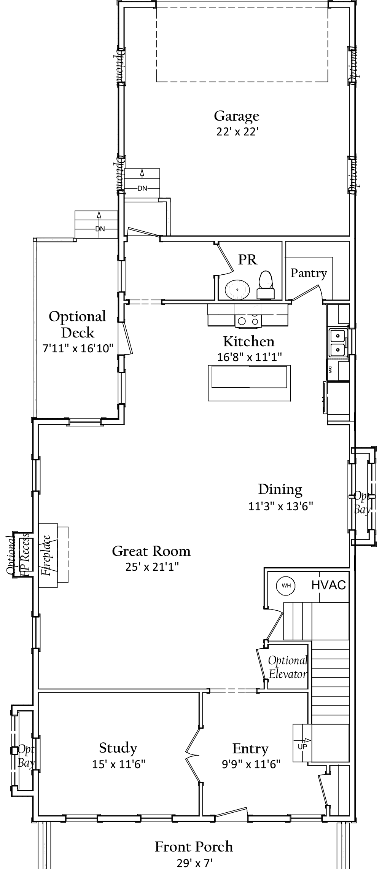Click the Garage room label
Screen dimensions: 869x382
(x=236, y=116)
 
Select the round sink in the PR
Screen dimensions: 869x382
(x=237, y=290)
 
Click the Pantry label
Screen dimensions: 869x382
(x=309, y=273)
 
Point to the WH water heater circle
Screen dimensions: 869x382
(x=286, y=585)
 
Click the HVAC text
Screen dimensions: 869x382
(x=328, y=585)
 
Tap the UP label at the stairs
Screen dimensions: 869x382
(x=302, y=746)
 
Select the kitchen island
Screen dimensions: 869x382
(x=249, y=382)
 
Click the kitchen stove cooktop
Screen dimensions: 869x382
(x=248, y=321)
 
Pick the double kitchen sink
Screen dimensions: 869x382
(x=337, y=342)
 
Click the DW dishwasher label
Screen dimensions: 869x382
(x=330, y=369)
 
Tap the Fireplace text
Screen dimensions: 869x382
(x=46, y=555)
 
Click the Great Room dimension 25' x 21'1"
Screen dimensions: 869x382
(x=152, y=567)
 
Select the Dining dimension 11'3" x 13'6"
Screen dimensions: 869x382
(x=280, y=506)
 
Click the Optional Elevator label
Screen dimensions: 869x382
(x=287, y=667)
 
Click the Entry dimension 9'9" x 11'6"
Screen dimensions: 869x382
(x=251, y=763)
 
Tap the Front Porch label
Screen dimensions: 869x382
(x=194, y=846)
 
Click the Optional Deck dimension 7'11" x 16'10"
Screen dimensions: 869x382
(x=78, y=348)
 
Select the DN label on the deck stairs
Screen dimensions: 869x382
(x=100, y=229)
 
